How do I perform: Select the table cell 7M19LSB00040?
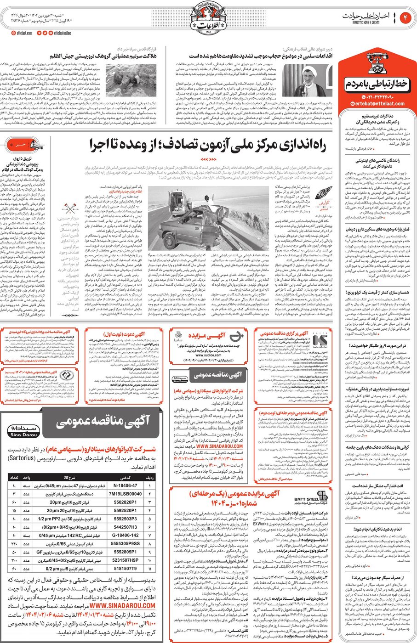click(x=126, y=494)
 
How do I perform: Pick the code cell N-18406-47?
click(x=126, y=485)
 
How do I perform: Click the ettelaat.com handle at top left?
click(x=23, y=33)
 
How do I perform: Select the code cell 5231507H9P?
click(x=126, y=560)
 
